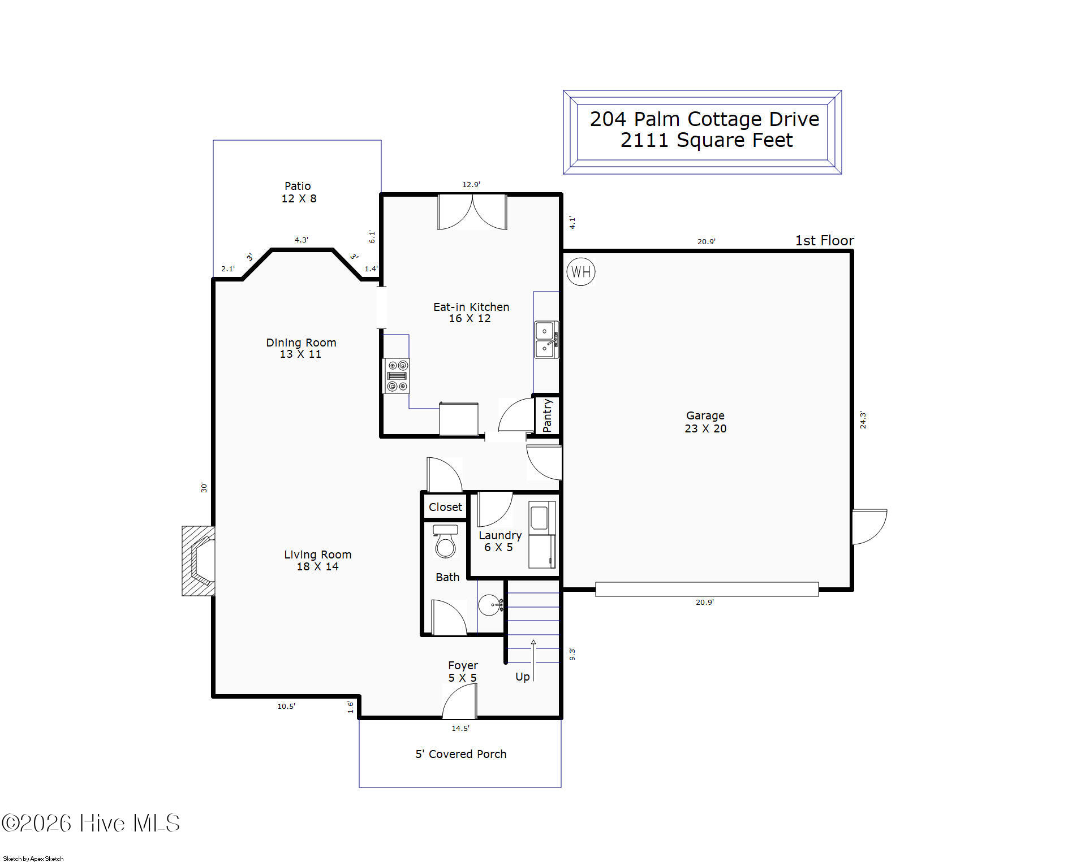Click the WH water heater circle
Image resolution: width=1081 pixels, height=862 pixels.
tap(580, 272)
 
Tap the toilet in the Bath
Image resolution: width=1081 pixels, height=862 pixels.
tap(445, 541)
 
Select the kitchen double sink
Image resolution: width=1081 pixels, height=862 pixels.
tap(546, 340)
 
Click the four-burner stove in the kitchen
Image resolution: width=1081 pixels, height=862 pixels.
tap(397, 376)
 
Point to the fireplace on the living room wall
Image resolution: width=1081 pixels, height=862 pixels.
tap(198, 561)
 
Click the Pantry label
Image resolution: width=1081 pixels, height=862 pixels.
tap(547, 415)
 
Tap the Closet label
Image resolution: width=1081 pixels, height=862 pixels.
tap(445, 507)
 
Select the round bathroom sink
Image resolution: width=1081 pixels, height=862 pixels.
tap(490, 605)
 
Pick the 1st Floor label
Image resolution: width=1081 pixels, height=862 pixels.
tap(824, 240)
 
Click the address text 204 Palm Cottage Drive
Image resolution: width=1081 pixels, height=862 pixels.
tap(704, 119)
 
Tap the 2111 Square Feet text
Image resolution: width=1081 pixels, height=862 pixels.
tap(707, 140)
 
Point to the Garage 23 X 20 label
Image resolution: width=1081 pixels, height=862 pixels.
tap(705, 422)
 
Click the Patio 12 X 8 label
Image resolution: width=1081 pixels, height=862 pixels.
tap(299, 192)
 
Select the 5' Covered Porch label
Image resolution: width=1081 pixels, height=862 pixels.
tap(461, 754)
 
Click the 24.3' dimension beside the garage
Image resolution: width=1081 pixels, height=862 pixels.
tap(863, 420)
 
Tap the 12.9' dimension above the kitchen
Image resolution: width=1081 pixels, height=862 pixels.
tap(471, 184)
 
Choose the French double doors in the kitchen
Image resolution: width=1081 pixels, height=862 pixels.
tap(472, 213)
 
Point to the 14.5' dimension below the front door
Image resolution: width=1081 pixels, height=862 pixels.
tap(460, 728)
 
